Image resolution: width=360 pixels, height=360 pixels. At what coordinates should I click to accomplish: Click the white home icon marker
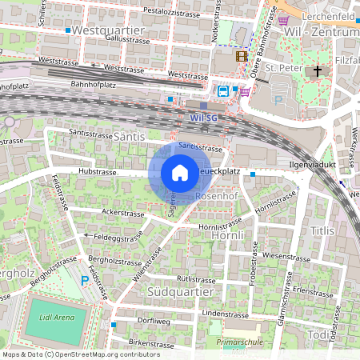(x=180, y=172)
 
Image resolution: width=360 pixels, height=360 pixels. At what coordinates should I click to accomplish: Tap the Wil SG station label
(x=204, y=118)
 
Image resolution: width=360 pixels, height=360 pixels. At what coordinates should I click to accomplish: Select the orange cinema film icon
(x=242, y=56)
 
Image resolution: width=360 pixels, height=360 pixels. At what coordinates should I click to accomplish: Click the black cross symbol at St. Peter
(x=318, y=71)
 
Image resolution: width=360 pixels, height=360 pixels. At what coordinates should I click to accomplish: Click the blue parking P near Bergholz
(x=86, y=281)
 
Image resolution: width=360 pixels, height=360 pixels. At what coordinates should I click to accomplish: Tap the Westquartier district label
(x=106, y=30)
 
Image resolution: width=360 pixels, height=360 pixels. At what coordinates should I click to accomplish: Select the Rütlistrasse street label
(x=198, y=278)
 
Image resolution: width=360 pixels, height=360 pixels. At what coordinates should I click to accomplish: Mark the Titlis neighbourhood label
(x=322, y=230)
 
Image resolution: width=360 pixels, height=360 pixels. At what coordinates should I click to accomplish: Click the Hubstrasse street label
(x=98, y=172)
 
